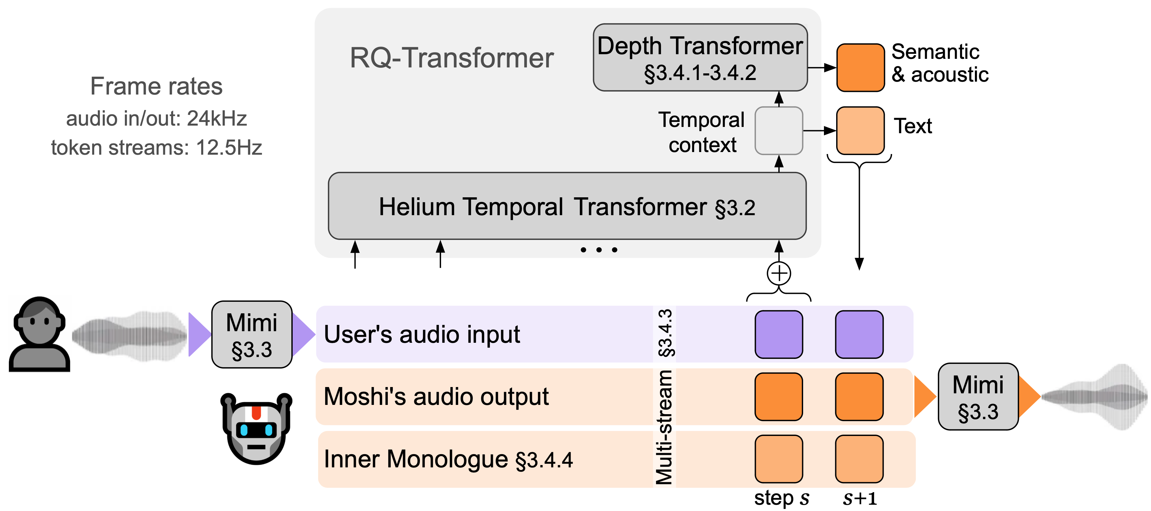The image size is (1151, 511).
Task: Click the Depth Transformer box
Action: (700, 57)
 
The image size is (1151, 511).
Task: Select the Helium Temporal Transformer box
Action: (567, 206)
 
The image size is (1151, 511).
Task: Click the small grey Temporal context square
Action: (778, 131)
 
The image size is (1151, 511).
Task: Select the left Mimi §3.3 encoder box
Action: (251, 334)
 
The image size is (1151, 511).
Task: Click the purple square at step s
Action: (778, 334)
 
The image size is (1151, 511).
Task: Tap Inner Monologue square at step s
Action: (778, 459)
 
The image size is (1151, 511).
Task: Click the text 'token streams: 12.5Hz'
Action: (156, 147)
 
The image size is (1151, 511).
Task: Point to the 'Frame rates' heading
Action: (156, 86)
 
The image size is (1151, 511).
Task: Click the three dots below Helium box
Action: (599, 250)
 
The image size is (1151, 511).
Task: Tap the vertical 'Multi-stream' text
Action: (664, 427)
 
